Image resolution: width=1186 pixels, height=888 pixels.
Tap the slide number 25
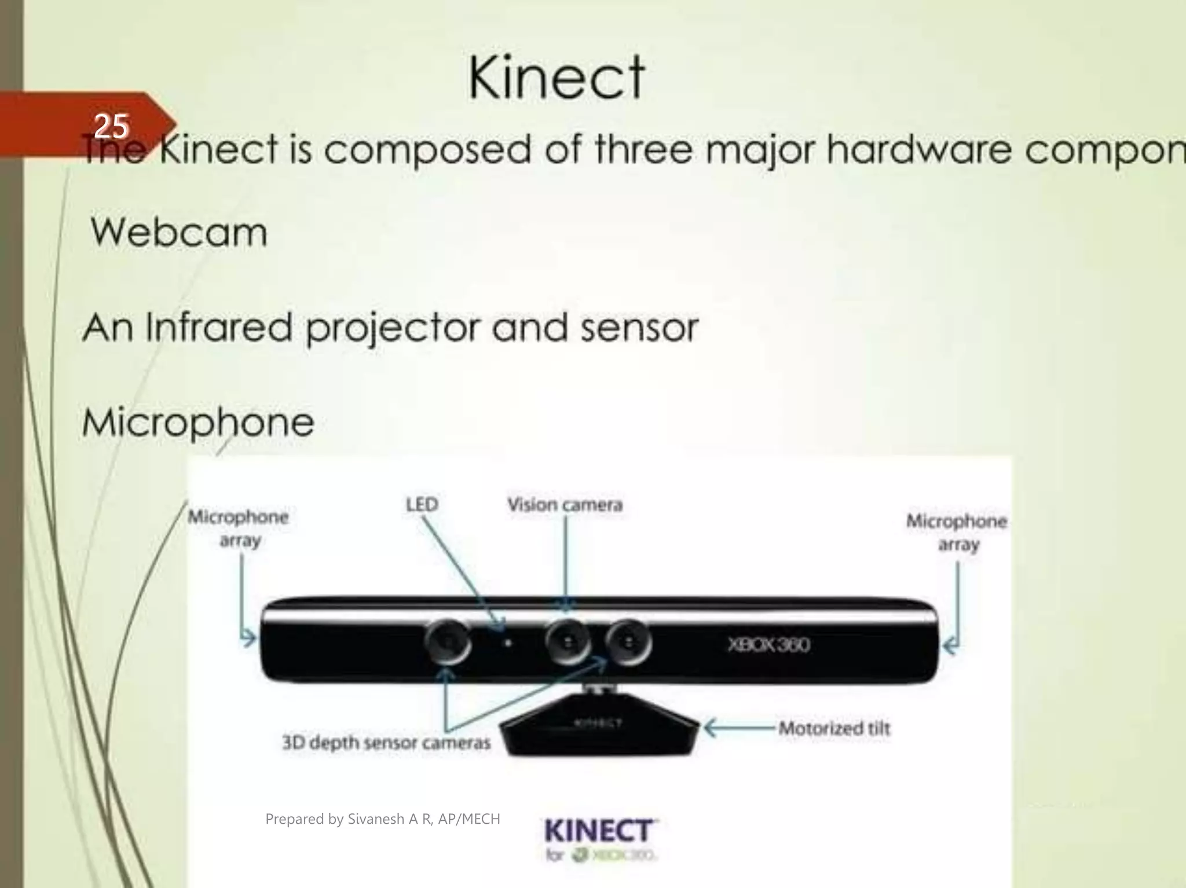click(111, 126)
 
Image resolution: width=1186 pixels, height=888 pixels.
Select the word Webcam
click(179, 233)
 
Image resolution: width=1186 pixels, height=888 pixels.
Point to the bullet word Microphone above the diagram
click(198, 422)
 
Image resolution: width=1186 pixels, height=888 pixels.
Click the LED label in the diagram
click(422, 505)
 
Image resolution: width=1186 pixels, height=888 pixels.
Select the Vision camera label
click(565, 505)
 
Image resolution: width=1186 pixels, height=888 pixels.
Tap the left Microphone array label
click(239, 528)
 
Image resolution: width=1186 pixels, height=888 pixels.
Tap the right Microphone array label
click(957, 533)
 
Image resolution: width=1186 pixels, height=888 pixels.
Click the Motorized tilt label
click(834, 728)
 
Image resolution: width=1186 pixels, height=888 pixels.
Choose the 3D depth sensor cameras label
click(386, 742)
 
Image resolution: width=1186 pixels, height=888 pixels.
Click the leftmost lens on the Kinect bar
click(447, 642)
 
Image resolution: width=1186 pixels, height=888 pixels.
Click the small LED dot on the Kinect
click(508, 642)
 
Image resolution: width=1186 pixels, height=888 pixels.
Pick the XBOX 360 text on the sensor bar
click(769, 644)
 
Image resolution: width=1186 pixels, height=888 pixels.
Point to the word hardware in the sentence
click(920, 150)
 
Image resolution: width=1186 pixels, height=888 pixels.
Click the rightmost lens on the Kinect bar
click(628, 642)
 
